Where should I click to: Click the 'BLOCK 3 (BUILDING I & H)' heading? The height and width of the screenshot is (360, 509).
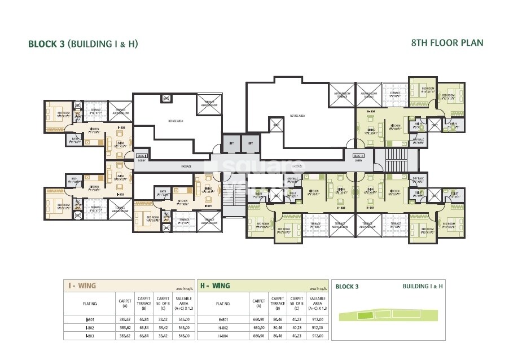pyautogui.click(x=84, y=43)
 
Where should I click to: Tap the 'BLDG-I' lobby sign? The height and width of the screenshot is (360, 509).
pyautogui.click(x=142, y=155)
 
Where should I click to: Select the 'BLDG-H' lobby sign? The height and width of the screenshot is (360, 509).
pyautogui.click(x=358, y=155)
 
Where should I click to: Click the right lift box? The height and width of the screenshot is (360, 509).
pyautogui.click(x=250, y=144)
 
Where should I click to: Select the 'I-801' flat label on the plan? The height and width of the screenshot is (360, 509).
pyautogui.click(x=208, y=205)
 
